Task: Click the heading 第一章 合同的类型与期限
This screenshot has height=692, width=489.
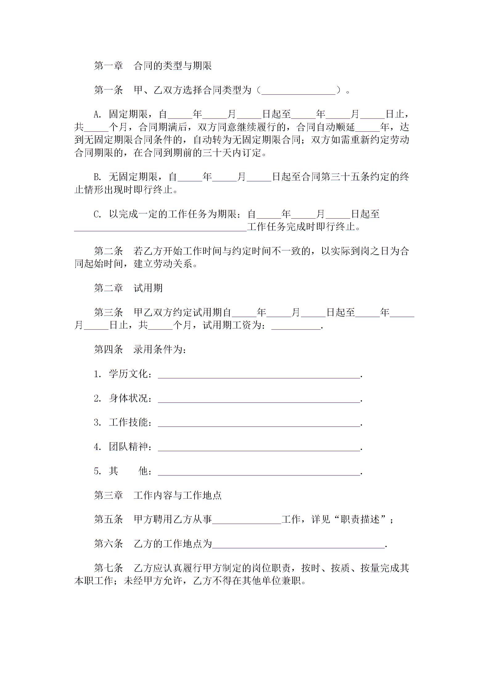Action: pyautogui.click(x=153, y=66)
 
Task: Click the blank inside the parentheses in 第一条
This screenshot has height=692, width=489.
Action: pyautogui.click(x=298, y=91)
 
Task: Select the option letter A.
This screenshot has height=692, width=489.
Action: pyautogui.click(x=97, y=114)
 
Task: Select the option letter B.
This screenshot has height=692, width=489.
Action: pyautogui.click(x=97, y=177)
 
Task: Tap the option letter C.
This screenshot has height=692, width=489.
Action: pyautogui.click(x=97, y=214)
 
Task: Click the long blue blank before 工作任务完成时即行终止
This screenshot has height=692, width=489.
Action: pyautogui.click(x=160, y=228)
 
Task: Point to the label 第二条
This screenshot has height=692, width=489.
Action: pyautogui.click(x=108, y=251)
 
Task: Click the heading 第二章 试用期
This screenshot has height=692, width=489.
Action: pyautogui.click(x=128, y=288)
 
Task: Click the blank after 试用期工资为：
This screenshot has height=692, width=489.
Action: pyautogui.click(x=296, y=326)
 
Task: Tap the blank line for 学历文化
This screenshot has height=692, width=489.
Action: pyautogui.click(x=259, y=375)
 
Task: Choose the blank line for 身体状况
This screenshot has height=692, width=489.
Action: pyautogui.click(x=259, y=399)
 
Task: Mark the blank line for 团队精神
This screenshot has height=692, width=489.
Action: pyautogui.click(x=259, y=447)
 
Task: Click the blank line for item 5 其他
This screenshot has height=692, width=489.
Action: pyautogui.click(x=259, y=472)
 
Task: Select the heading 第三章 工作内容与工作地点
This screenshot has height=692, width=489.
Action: pyautogui.click(x=158, y=496)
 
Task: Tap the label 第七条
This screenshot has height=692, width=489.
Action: pyautogui.click(x=108, y=568)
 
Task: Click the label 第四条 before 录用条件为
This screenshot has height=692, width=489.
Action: pyautogui.click(x=108, y=350)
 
